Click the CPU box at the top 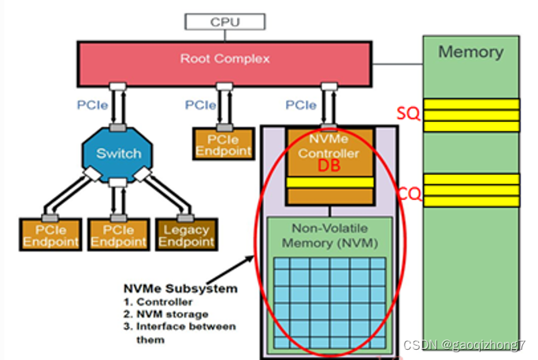click(x=224, y=22)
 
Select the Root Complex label click(x=224, y=58)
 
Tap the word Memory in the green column click(x=470, y=52)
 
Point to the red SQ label click(x=407, y=114)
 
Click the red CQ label click(x=408, y=191)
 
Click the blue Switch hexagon click(x=119, y=153)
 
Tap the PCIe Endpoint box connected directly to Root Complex click(x=223, y=144)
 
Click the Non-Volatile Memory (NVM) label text click(x=330, y=236)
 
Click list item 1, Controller click(x=159, y=302)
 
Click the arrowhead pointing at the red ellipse click(x=254, y=258)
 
